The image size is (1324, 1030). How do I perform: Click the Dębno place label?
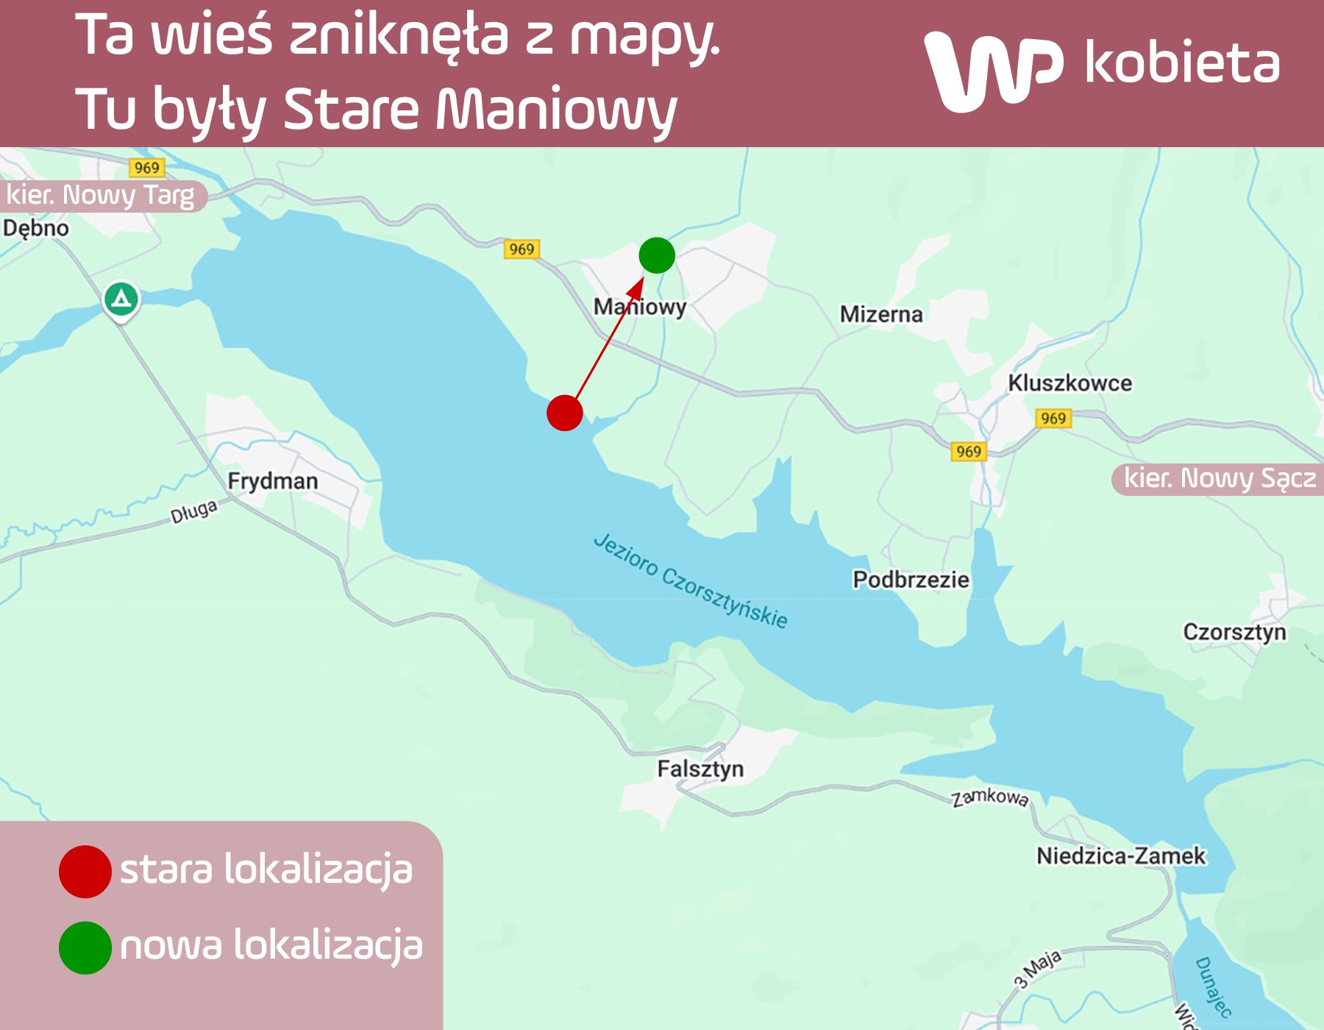tap(36, 228)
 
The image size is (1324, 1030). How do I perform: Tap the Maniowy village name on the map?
tap(640, 307)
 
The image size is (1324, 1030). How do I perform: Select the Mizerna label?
tap(881, 314)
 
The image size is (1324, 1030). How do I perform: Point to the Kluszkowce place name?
tap(1069, 383)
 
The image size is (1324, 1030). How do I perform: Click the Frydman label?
tap(273, 481)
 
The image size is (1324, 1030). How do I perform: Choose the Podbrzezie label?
tap(911, 580)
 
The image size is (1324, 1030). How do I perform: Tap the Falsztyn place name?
tap(700, 769)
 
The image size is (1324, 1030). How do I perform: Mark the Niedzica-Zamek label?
tap(1121, 856)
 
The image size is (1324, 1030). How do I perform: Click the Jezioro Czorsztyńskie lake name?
tap(690, 581)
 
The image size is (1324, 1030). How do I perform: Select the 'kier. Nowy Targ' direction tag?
tap(101, 196)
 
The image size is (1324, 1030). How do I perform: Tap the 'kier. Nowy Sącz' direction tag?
tap(1220, 479)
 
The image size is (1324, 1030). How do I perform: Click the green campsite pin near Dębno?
tap(121, 299)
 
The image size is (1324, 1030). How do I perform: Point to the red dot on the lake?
tap(565, 413)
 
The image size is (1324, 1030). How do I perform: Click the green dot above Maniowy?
tap(657, 255)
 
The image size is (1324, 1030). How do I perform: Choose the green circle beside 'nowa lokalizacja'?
tap(85, 948)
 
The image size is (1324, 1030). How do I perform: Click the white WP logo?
tap(993, 70)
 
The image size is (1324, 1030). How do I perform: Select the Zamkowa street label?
tap(989, 798)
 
